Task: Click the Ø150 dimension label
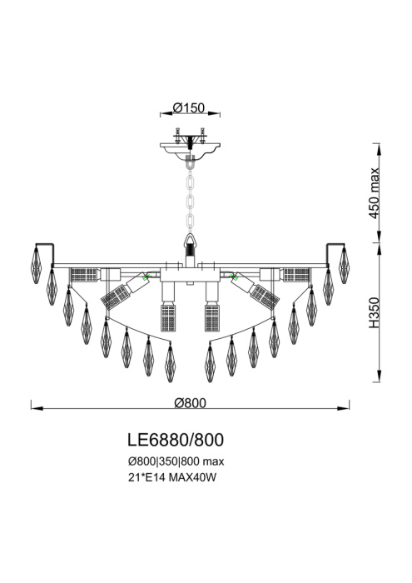[x=191, y=107]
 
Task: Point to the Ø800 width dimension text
[x=191, y=401]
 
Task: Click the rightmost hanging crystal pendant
[x=344, y=266]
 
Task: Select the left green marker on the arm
[x=146, y=276]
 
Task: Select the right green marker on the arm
[x=236, y=276]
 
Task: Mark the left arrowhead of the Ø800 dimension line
[x=34, y=408]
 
